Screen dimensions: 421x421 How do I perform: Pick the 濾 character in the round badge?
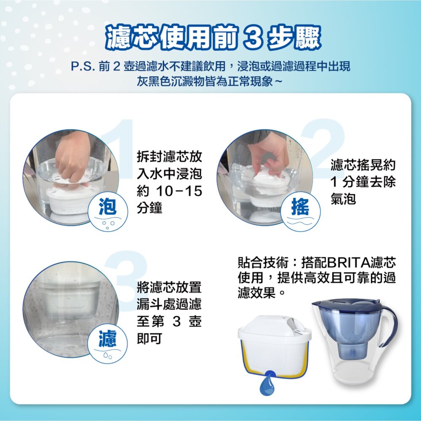tap(107, 338)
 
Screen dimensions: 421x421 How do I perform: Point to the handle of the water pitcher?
tap(389, 325)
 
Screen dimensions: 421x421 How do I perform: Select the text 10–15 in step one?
tap(179, 191)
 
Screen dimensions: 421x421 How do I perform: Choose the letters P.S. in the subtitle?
tap(83, 67)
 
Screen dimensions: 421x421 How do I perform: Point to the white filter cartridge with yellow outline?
tap(274, 346)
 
